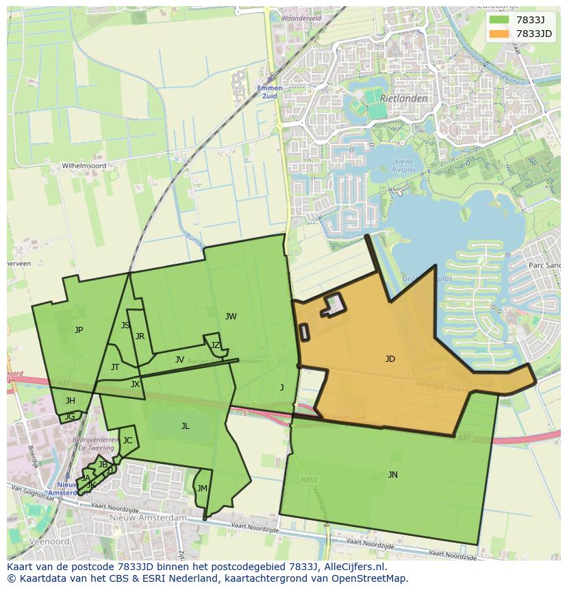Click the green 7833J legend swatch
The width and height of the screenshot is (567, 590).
coord(499,20)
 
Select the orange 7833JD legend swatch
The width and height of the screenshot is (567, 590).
coord(499,34)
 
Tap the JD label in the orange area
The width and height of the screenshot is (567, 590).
coord(390,358)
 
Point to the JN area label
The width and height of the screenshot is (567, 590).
coord(392,474)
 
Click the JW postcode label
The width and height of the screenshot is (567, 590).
coord(231,316)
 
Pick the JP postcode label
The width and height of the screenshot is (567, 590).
coord(79,330)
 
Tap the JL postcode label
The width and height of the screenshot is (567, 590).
coord(185,426)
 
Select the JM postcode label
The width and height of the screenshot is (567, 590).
coord(201,488)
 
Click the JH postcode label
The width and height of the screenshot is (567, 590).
coord(71,400)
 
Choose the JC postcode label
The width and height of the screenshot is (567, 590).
coord(127,440)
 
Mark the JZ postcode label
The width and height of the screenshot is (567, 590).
coord(215,345)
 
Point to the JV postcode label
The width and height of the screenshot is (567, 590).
coord(179,359)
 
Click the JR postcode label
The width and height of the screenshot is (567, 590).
coord(140,336)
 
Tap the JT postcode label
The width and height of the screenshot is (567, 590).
coord(114,367)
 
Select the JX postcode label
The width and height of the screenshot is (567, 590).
coord(135,384)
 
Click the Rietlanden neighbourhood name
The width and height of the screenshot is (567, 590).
coord(404,98)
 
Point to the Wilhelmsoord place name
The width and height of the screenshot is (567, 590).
coord(84,166)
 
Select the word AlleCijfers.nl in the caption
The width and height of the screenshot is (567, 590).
coord(355,567)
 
